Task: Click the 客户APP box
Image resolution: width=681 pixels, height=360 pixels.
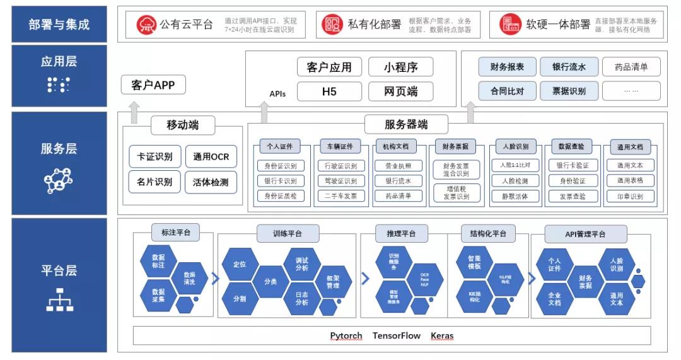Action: pyautogui.click(x=153, y=84)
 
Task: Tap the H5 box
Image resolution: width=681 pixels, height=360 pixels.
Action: pyautogui.click(x=329, y=91)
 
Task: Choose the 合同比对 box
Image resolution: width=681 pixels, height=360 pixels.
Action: pyautogui.click(x=507, y=91)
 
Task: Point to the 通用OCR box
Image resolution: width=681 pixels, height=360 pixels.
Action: pyautogui.click(x=211, y=157)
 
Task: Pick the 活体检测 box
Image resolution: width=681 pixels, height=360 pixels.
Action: pyautogui.click(x=211, y=183)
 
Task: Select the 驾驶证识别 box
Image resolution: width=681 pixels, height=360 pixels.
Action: pyautogui.click(x=340, y=181)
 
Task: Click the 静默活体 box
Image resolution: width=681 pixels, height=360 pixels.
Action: pyautogui.click(x=515, y=196)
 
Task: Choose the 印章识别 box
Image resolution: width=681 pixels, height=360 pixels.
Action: pyautogui.click(x=630, y=196)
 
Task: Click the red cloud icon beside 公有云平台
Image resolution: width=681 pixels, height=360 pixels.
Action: pyautogui.click(x=146, y=25)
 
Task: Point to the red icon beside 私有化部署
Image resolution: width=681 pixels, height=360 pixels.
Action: pyautogui.click(x=332, y=25)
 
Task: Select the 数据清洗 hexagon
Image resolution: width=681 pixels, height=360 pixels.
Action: pyautogui.click(x=189, y=278)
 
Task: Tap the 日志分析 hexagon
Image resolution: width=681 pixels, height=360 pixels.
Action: pyautogui.click(x=301, y=298)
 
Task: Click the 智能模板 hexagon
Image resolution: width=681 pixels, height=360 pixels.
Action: pyautogui.click(x=474, y=262)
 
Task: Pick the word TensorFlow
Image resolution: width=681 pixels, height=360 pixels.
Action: pyautogui.click(x=396, y=335)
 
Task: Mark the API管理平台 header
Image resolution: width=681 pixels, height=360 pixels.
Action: pyautogui.click(x=585, y=234)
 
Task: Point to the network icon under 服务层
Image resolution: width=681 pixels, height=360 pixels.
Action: pyautogui.click(x=59, y=181)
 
